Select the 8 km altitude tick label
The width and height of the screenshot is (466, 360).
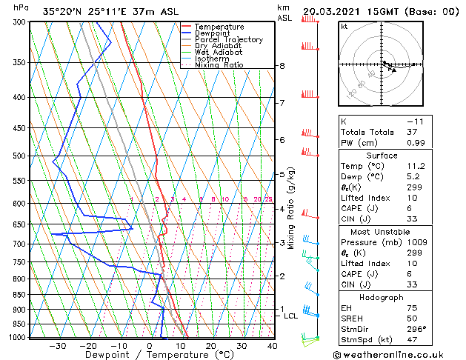[282, 66]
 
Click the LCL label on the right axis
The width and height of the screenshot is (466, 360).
[291, 316]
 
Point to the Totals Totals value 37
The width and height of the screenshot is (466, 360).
[413, 132]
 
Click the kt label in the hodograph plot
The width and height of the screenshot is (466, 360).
[344, 26]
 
